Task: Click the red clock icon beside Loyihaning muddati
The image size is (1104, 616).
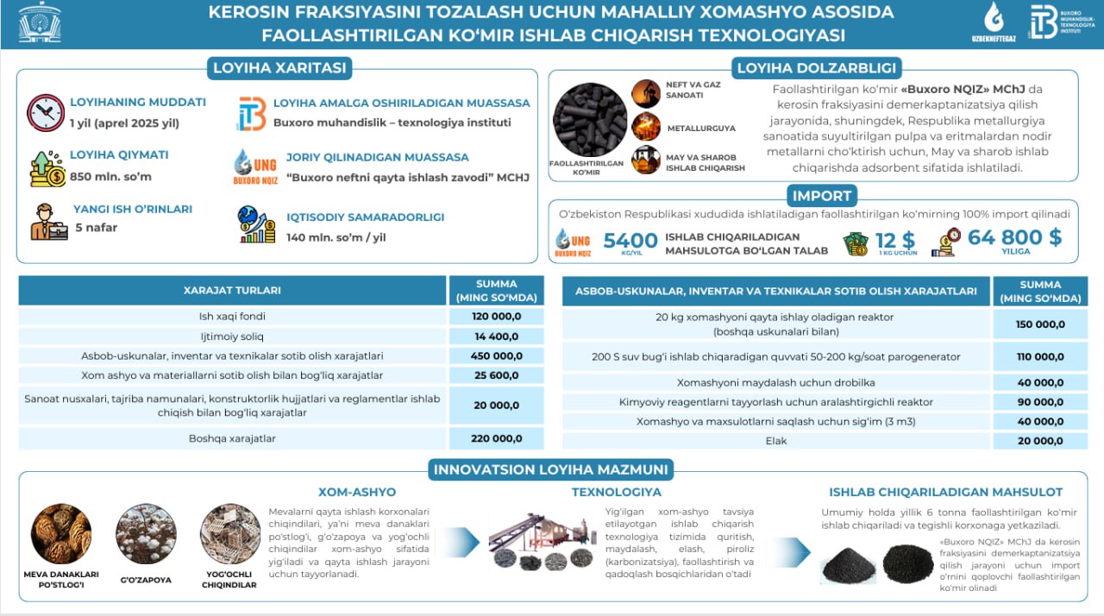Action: pos(45,112)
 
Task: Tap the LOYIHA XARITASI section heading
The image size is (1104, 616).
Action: pos(277,68)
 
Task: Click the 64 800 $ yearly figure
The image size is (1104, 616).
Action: pos(1014,238)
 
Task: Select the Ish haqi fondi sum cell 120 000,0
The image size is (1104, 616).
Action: pos(496,317)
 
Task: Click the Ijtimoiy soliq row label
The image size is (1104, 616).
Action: pos(234,336)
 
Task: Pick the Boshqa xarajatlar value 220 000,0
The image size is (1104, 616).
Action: pos(496,438)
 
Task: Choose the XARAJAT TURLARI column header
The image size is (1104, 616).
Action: pos(232,291)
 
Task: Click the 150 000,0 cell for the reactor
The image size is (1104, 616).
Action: pos(1039,324)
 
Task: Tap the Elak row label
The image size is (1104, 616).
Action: pos(775,441)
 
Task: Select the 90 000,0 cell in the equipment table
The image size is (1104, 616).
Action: pos(1039,402)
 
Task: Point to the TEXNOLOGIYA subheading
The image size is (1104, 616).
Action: pos(616,492)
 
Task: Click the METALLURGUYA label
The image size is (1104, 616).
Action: pos(700,129)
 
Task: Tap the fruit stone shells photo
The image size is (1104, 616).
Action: pos(61,533)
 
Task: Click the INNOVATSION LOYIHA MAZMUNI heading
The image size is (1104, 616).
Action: pos(551,470)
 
